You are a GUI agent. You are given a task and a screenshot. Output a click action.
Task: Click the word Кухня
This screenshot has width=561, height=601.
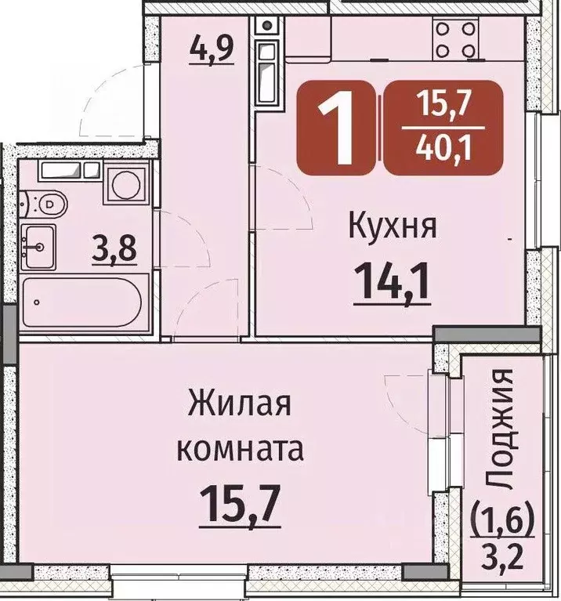[391, 229]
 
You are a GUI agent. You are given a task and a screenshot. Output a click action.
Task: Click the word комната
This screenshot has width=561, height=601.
[239, 451]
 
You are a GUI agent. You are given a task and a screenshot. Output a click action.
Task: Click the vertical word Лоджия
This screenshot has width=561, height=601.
[502, 432]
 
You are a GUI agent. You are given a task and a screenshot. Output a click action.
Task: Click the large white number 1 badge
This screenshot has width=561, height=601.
[338, 125]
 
